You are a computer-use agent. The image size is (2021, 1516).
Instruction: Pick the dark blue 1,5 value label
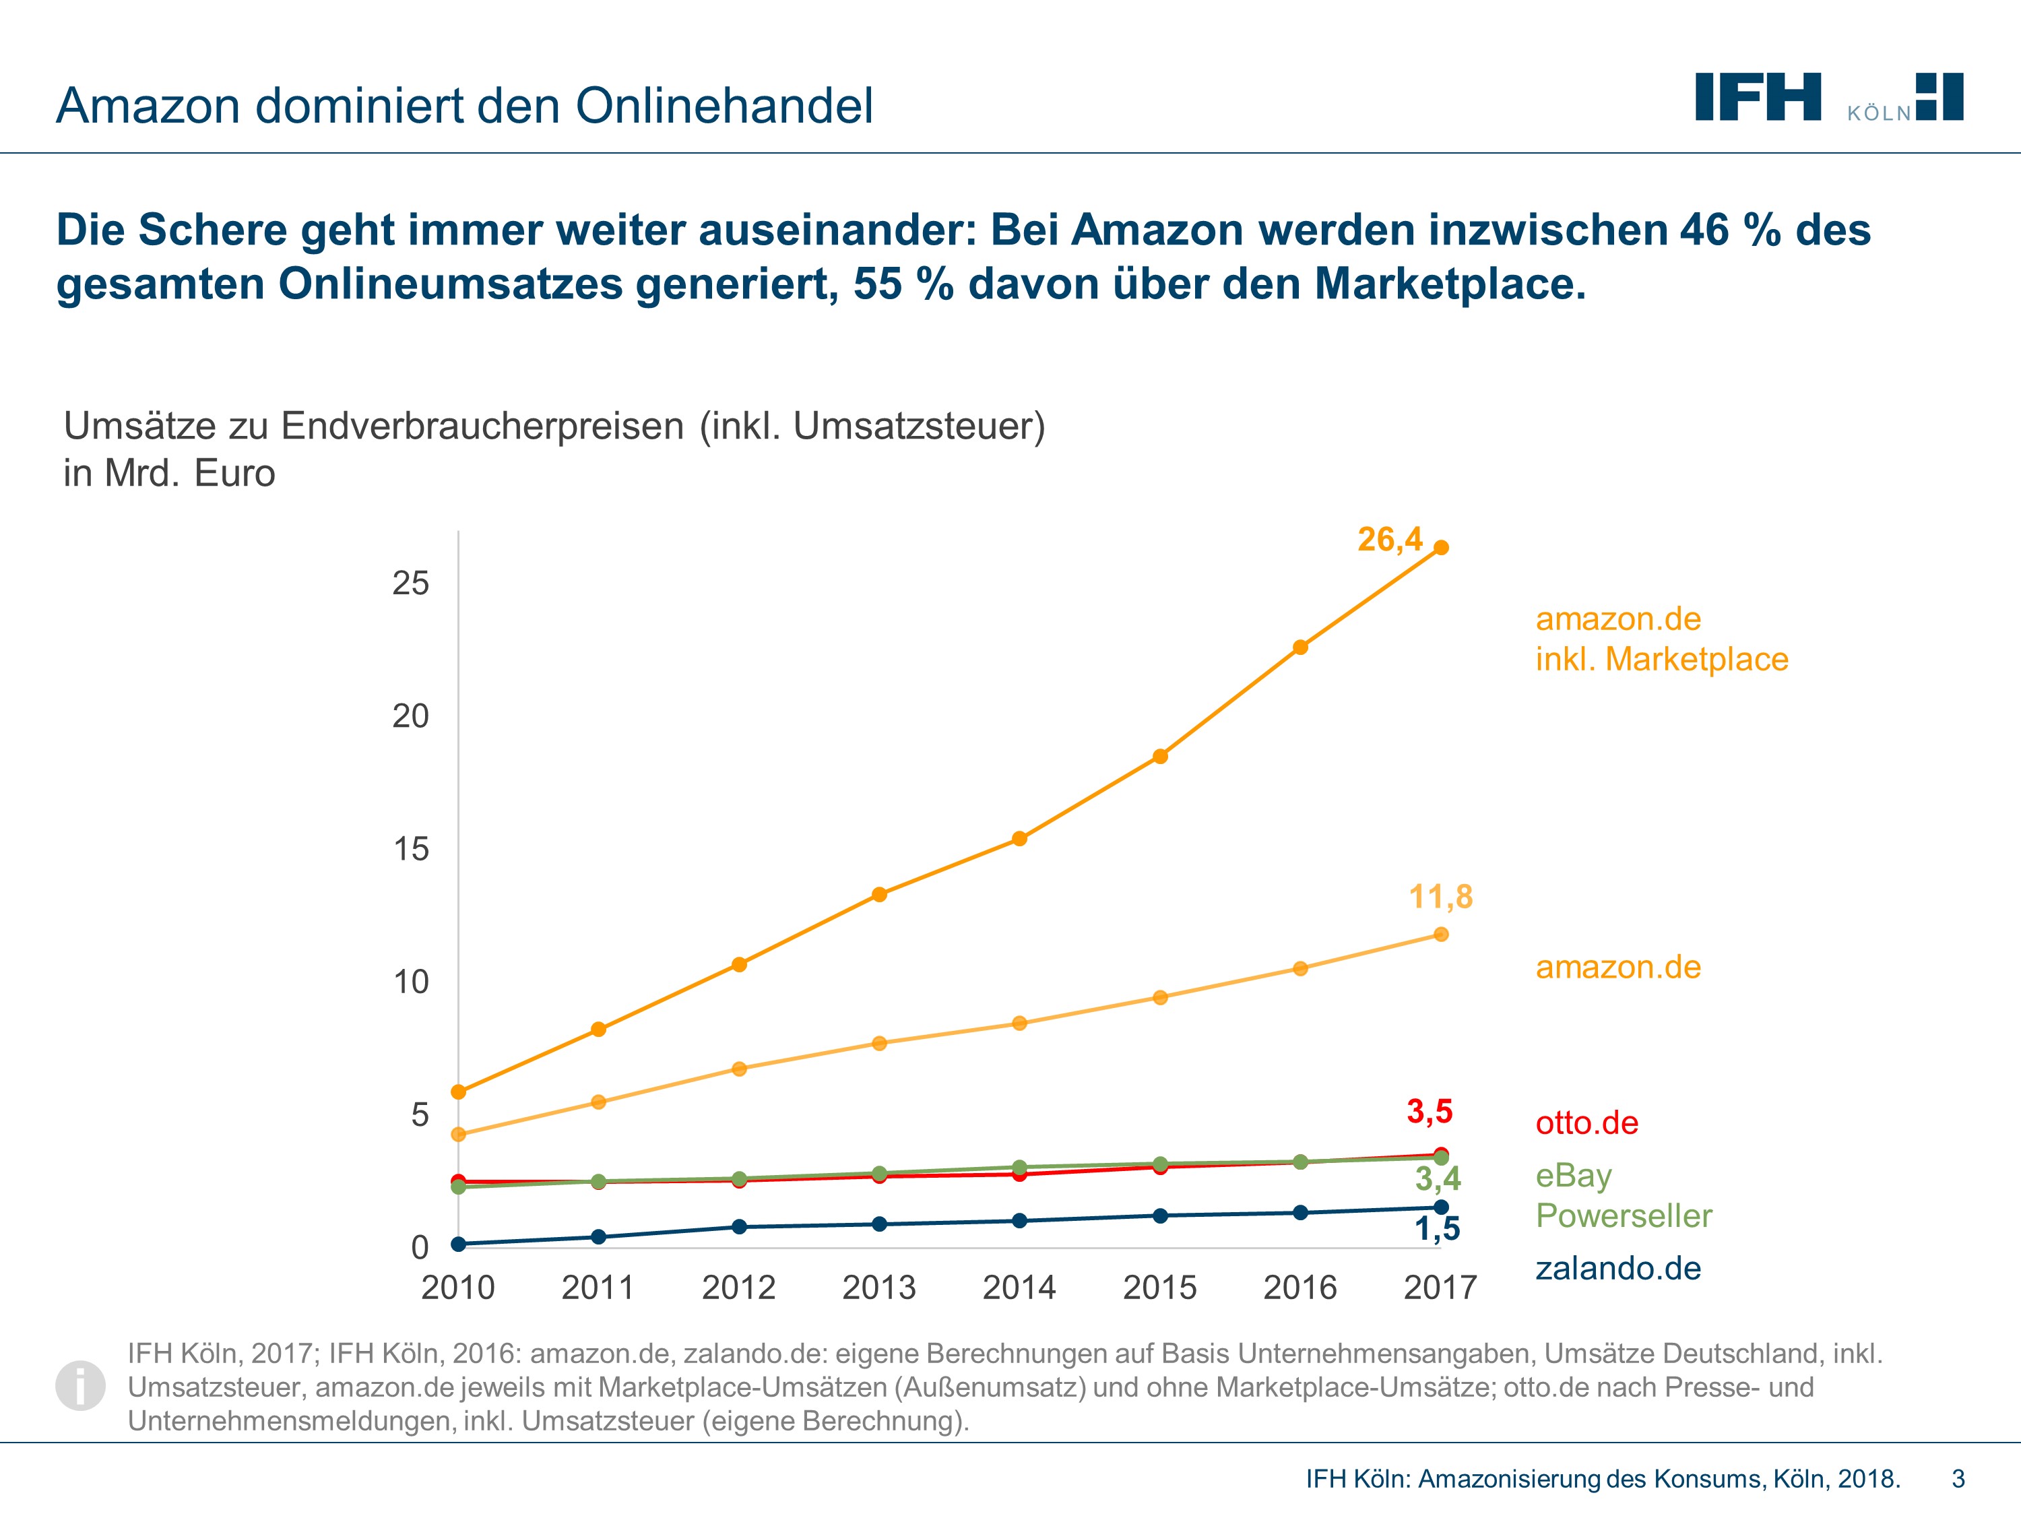coord(1437,1228)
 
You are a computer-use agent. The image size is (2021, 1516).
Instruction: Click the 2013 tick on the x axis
coord(879,1288)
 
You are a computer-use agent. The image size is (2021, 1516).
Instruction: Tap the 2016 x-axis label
coord(1300,1288)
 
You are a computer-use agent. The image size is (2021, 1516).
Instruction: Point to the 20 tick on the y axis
coord(410,716)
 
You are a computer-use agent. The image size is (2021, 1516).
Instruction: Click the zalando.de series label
coord(1618,1268)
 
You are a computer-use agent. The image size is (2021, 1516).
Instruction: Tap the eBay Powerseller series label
coord(1624,1195)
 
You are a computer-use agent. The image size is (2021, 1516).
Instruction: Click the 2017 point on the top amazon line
coord(1441,547)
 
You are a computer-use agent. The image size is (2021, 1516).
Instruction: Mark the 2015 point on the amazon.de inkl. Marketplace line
coord(1160,757)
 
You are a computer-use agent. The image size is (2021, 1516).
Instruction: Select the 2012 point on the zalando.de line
coord(739,1226)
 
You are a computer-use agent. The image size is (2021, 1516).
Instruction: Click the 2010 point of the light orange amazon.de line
coord(459,1135)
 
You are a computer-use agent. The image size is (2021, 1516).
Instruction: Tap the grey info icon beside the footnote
coord(80,1385)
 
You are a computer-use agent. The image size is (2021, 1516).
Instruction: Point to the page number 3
coord(1958,1478)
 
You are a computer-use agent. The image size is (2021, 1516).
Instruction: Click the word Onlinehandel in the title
coord(724,106)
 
